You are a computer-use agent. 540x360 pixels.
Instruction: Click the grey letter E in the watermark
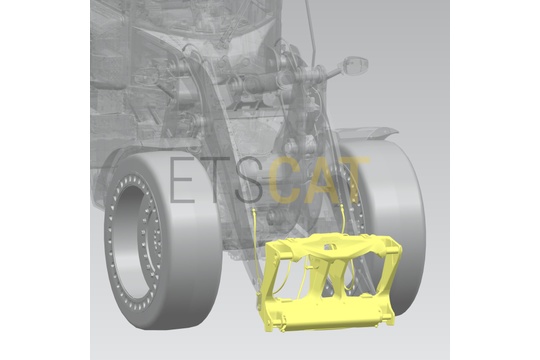pyautogui.click(x=181, y=180)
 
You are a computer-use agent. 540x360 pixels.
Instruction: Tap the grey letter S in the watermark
pyautogui.click(x=249, y=180)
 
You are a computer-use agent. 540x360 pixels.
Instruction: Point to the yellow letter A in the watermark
pyautogui.click(x=321, y=180)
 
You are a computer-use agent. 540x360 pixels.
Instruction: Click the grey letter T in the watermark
pyautogui.click(x=215, y=180)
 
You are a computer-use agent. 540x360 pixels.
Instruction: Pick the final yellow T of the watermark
pyautogui.click(x=355, y=180)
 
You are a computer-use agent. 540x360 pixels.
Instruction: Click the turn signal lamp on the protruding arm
pyautogui.click(x=356, y=65)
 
